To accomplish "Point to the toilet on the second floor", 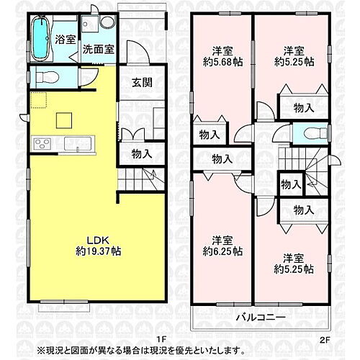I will coord(310,134).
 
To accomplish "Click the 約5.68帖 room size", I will coord(221,63).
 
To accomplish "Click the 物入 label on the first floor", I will coord(141,153).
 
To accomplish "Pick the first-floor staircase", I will coord(138,177).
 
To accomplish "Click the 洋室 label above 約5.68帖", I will coord(221,50).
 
